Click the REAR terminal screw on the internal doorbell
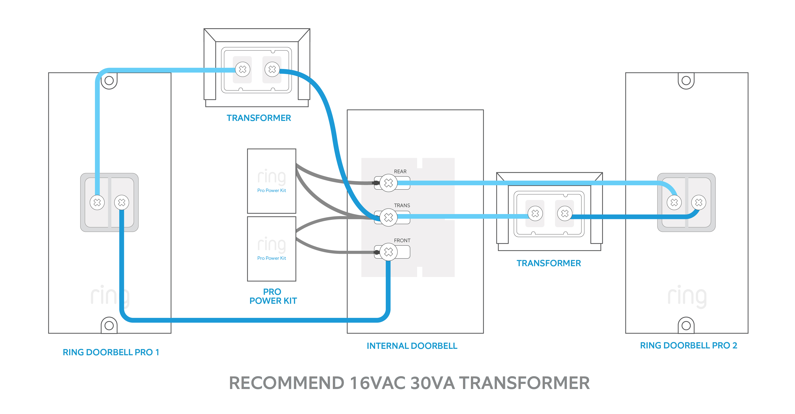pos(388,183)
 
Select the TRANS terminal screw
pos(388,217)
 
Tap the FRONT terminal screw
pos(388,252)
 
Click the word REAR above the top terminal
pos(400,172)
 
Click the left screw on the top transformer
pos(243,69)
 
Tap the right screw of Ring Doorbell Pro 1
pos(122,202)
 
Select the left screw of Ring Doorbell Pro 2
pos(674,202)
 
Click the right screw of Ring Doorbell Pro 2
pos(699,202)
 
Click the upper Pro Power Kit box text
pos(272,190)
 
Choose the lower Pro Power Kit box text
pos(272,258)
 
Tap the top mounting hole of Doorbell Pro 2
pos(686,81)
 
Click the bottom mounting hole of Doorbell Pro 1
pos(109,325)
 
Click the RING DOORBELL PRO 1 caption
pos(111,352)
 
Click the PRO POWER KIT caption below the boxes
pos(273,296)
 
